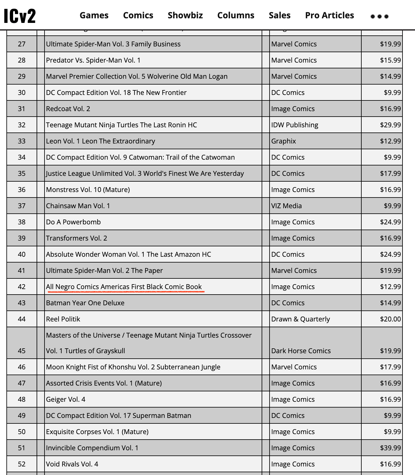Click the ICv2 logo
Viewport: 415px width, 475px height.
tap(20, 16)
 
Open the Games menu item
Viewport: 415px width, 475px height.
tap(94, 15)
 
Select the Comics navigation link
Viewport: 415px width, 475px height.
tap(138, 15)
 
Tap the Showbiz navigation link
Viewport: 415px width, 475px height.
tap(185, 15)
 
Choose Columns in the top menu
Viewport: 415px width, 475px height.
tap(236, 15)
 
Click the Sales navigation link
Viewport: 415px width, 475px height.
tap(280, 15)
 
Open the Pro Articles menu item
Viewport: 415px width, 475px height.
tap(329, 15)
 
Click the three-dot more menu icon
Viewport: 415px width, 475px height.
tap(379, 16)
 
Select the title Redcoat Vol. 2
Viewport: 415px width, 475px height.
tap(68, 109)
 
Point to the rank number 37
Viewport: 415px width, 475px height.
tap(22, 206)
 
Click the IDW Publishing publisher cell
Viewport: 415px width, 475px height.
tap(295, 125)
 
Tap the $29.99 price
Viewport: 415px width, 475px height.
tap(390, 125)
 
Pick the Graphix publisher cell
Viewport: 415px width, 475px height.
tap(284, 141)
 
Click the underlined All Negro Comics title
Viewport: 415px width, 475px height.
tap(124, 287)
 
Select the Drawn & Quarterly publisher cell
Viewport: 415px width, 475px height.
tap(300, 319)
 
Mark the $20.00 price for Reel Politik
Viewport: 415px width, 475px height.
tap(390, 319)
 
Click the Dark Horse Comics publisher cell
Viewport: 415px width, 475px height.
tap(301, 351)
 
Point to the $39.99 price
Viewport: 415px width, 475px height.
tap(390, 448)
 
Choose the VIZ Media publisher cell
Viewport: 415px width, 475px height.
tap(286, 206)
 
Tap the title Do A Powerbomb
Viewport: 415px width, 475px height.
tap(73, 222)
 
